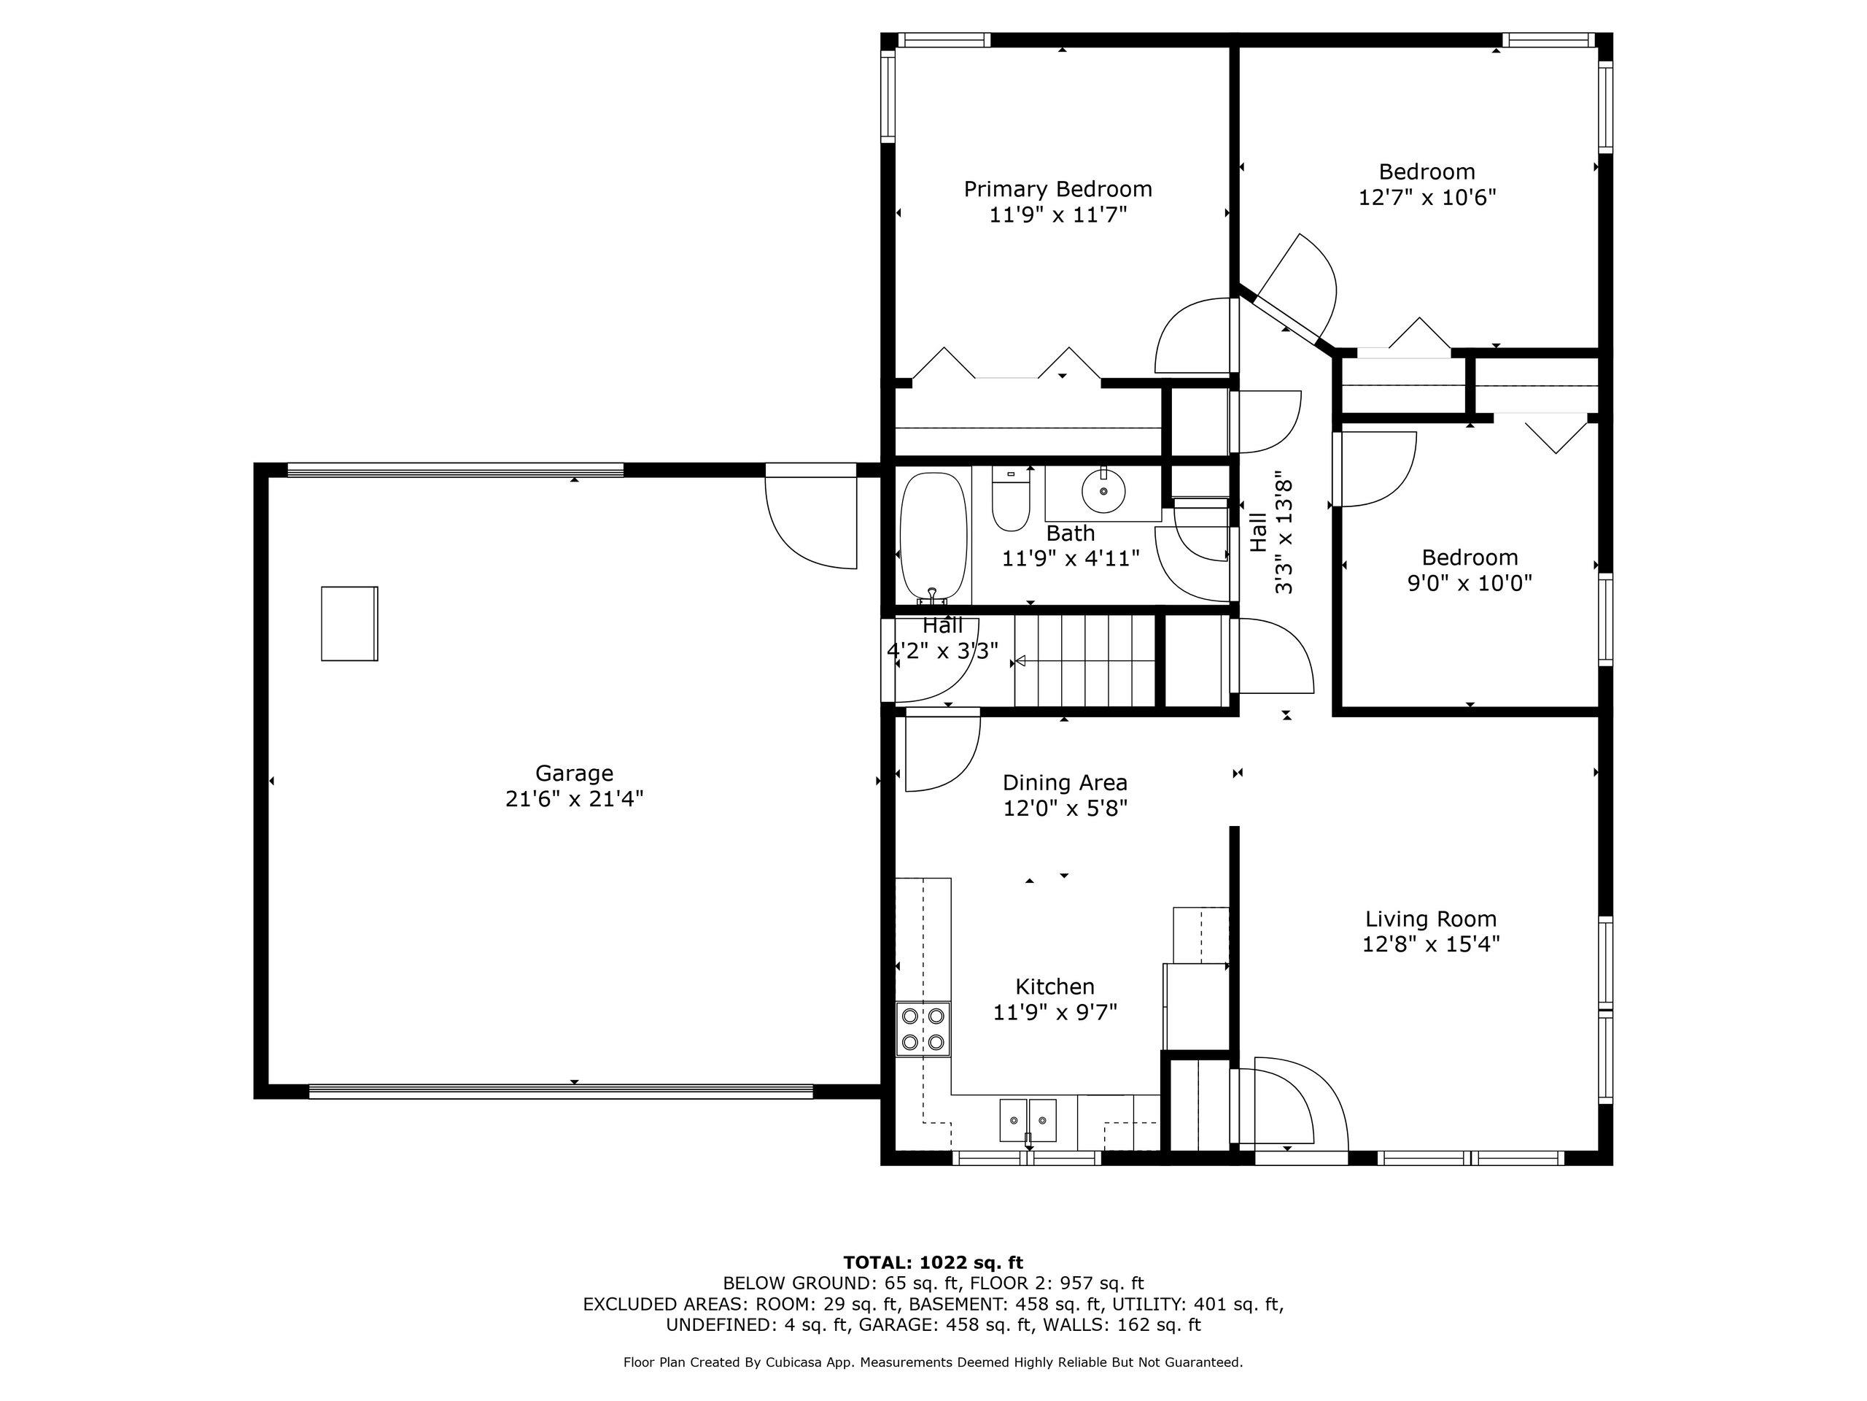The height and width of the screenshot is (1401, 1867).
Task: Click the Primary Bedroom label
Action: pos(1057,189)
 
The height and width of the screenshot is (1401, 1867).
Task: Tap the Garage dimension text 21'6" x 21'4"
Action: pos(574,799)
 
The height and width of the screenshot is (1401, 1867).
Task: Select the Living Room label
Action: pos(1431,919)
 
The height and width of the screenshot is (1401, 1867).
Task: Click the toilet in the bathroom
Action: pos(1010,499)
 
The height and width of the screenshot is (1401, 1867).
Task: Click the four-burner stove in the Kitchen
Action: pos(923,1029)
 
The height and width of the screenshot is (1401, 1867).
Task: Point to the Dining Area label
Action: pos(1066,783)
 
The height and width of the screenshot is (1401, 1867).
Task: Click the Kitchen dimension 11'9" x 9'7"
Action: pos(1055,1011)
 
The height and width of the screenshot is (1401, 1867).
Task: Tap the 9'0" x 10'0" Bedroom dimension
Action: pos(1470,583)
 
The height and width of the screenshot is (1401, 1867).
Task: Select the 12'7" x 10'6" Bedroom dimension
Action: pos(1427,198)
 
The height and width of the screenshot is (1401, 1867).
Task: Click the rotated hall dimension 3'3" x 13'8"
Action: pos(1284,533)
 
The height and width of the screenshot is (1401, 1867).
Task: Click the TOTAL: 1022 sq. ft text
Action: pos(933,1262)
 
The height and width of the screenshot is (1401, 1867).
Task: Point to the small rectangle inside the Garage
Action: pos(349,623)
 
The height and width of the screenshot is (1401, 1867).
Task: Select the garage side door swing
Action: pos(811,517)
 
